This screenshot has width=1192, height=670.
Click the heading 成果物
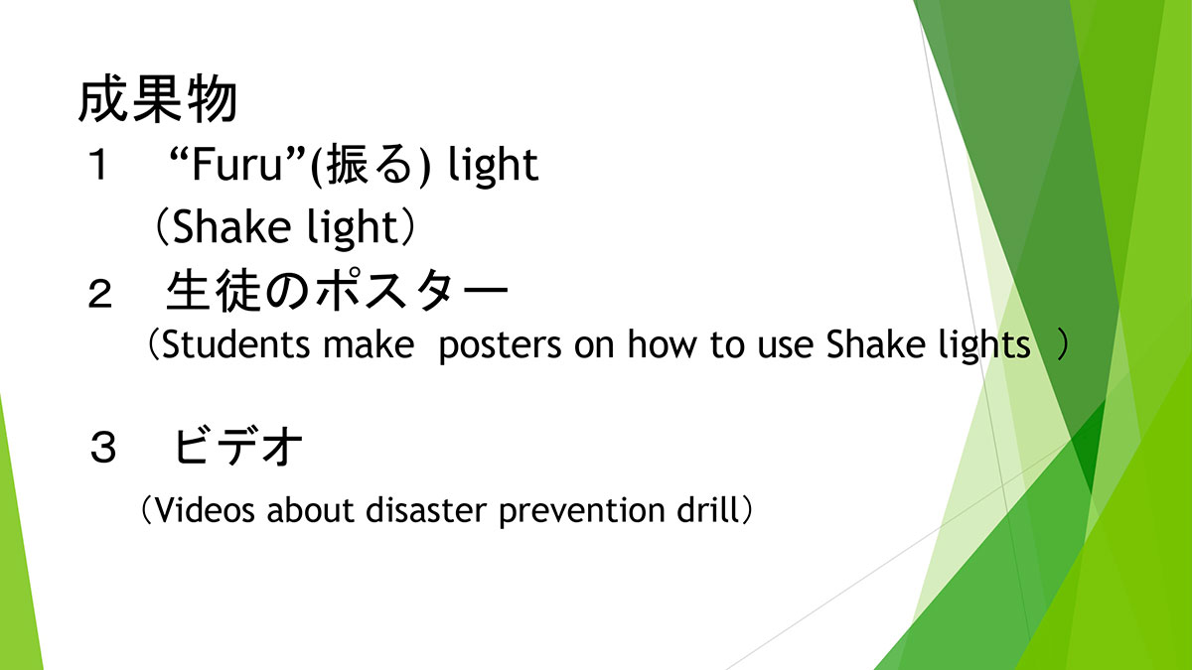pyautogui.click(x=158, y=101)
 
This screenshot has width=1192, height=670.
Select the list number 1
pyautogui.click(x=99, y=165)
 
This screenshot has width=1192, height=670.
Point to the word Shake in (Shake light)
pyautogui.click(x=231, y=226)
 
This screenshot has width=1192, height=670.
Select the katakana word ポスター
pyautogui.click(x=412, y=292)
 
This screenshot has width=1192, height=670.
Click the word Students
pyautogui.click(x=235, y=344)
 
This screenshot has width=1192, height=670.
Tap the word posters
pyautogui.click(x=501, y=346)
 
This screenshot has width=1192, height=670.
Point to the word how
pyautogui.click(x=662, y=344)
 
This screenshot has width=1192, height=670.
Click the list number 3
pyautogui.click(x=102, y=449)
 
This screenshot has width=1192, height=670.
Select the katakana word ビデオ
pyautogui.click(x=237, y=447)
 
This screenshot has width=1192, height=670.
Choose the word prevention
pyautogui.click(x=582, y=511)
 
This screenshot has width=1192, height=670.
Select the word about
pyautogui.click(x=310, y=509)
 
